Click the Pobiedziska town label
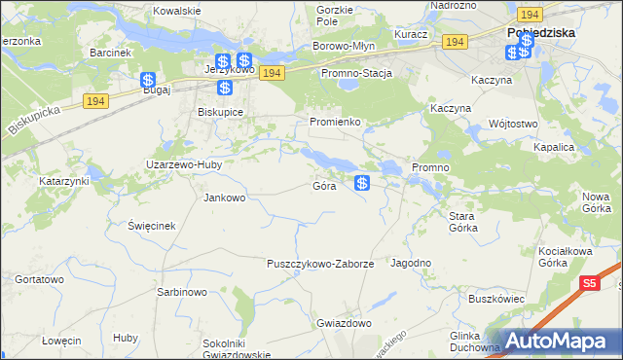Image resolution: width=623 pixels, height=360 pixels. [541, 31]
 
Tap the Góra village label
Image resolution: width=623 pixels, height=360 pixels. [325, 185]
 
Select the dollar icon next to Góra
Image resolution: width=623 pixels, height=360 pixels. [362, 182]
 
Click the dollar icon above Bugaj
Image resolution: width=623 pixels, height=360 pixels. [147, 80]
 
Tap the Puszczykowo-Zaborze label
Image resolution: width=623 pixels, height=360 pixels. [320, 264]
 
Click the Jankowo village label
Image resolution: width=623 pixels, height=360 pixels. [224, 198]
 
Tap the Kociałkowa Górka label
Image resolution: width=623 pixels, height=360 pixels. [567, 257]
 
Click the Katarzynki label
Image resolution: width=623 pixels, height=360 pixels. [64, 181]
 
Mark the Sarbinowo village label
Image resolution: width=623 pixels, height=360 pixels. [181, 292]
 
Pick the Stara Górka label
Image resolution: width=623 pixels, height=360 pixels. [461, 221]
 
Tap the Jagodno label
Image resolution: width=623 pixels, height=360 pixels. [411, 263]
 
